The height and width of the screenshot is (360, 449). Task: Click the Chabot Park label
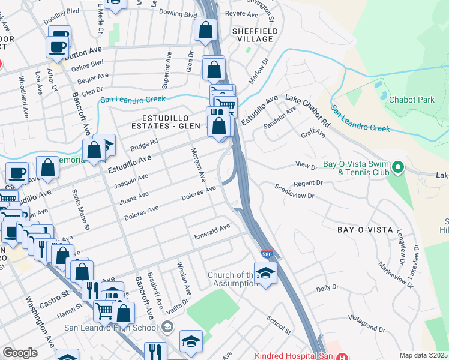point(411,100)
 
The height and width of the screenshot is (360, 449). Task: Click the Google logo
point(20,352)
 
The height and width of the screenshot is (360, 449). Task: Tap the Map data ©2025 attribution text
point(424,355)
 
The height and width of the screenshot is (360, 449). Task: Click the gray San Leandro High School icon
point(167,327)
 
